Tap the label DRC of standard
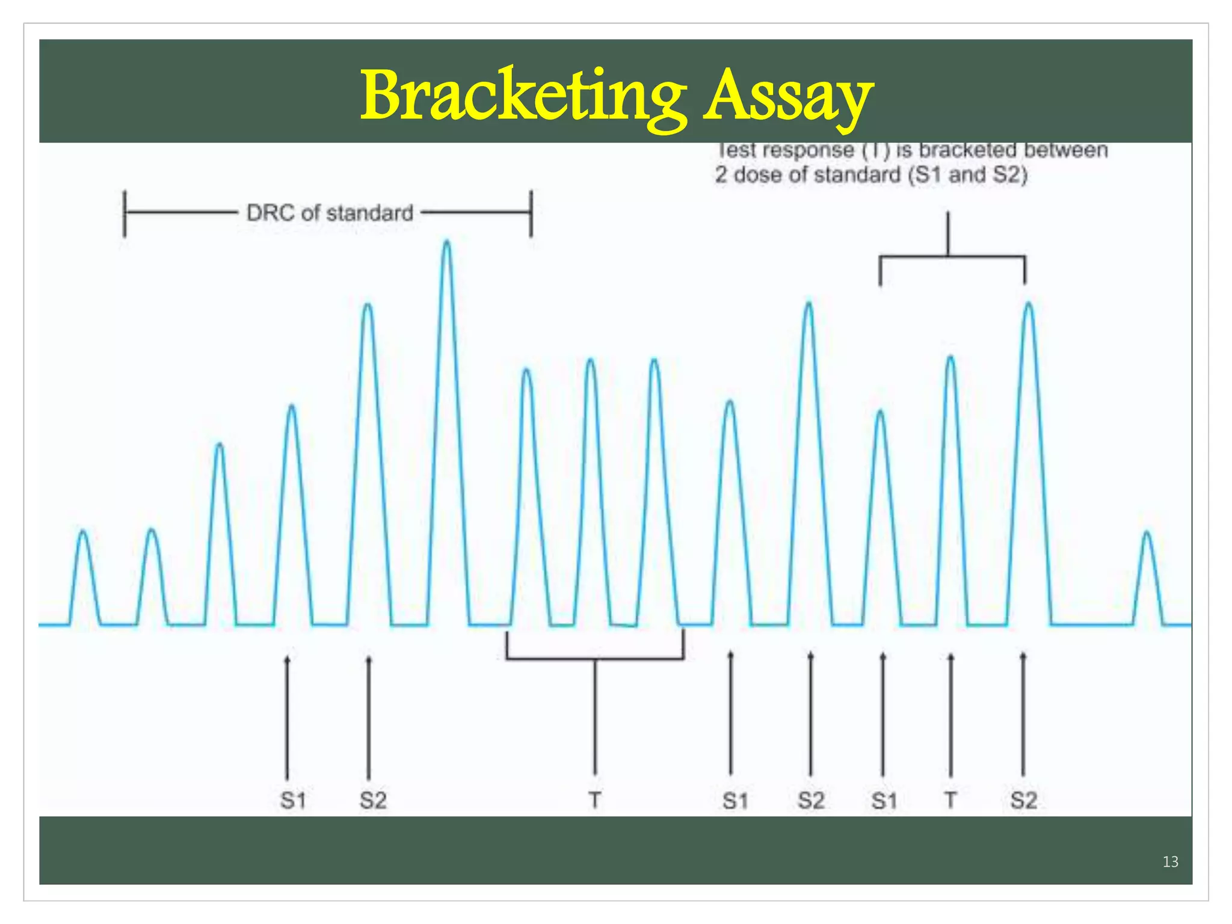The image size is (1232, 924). point(330,213)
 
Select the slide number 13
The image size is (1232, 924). point(1170,861)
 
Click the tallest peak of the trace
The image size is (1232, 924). point(446,244)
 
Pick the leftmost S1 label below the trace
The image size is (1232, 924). point(293,800)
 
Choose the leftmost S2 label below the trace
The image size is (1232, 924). point(373,800)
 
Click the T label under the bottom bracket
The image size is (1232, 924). point(594,800)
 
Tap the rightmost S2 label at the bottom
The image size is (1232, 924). point(1023,800)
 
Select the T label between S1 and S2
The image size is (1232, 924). point(950,800)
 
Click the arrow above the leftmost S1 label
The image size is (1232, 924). point(287,716)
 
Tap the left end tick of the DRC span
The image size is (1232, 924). point(125,213)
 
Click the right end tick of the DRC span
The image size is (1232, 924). point(531,213)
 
